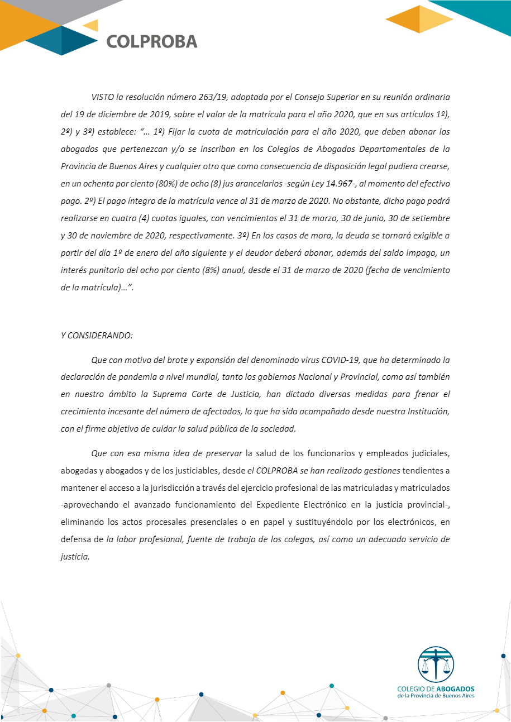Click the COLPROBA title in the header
(151, 41)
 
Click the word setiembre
(425, 218)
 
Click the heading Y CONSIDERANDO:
(97, 336)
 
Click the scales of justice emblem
(436, 664)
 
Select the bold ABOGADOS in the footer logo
(455, 690)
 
